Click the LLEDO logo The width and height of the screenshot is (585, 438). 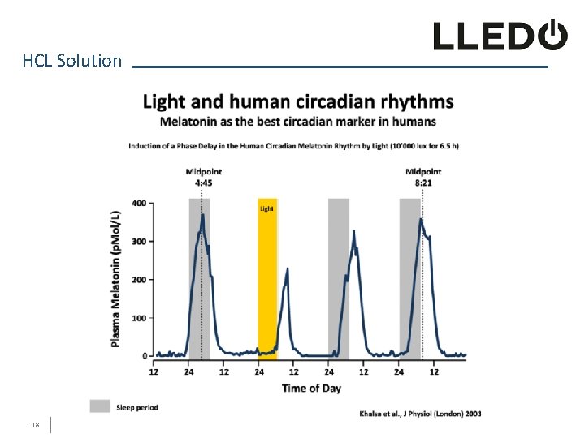point(499,36)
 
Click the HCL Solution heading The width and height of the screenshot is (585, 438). point(72,61)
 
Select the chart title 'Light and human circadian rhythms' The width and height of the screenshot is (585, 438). point(298,102)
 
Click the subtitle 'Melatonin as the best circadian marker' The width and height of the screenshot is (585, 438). point(297,122)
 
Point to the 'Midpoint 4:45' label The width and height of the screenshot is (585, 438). point(203,177)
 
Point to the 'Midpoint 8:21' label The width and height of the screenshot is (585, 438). point(423,177)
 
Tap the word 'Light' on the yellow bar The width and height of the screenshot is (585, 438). point(266,208)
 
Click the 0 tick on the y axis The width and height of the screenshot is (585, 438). point(144,356)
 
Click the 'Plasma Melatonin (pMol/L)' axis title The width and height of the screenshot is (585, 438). point(116,279)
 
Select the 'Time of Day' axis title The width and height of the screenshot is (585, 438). point(311,388)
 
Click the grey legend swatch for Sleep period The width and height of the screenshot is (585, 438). point(100,407)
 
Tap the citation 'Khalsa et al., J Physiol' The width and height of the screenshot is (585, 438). point(420,414)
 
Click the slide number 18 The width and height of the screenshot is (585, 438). point(35,424)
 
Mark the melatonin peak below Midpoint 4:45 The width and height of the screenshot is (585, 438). point(202,215)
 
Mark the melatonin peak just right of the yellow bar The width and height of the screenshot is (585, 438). point(287,268)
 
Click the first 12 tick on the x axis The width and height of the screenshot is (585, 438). point(154,371)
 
